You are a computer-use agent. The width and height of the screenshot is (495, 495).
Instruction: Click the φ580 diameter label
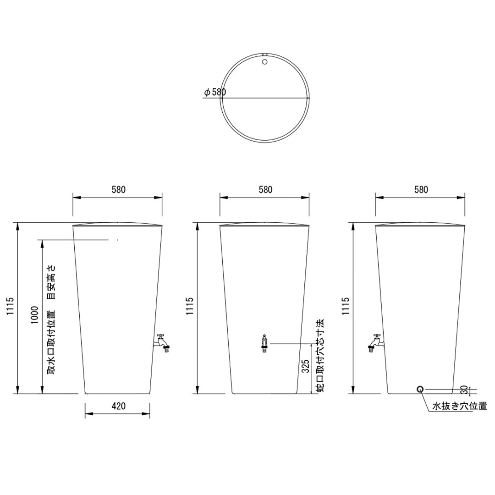pos(215,92)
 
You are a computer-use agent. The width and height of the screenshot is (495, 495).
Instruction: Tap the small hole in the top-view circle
pos(265,61)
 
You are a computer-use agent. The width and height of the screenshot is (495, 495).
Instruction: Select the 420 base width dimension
pos(118,406)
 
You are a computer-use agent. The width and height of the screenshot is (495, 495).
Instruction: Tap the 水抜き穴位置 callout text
pos(460,406)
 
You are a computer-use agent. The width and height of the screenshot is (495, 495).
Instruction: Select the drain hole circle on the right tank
pos(420,389)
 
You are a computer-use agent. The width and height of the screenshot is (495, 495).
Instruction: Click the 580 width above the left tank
pos(118,190)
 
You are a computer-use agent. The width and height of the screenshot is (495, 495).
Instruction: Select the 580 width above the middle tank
pos(265,190)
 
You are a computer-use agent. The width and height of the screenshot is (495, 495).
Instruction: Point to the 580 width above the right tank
pos(420,190)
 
